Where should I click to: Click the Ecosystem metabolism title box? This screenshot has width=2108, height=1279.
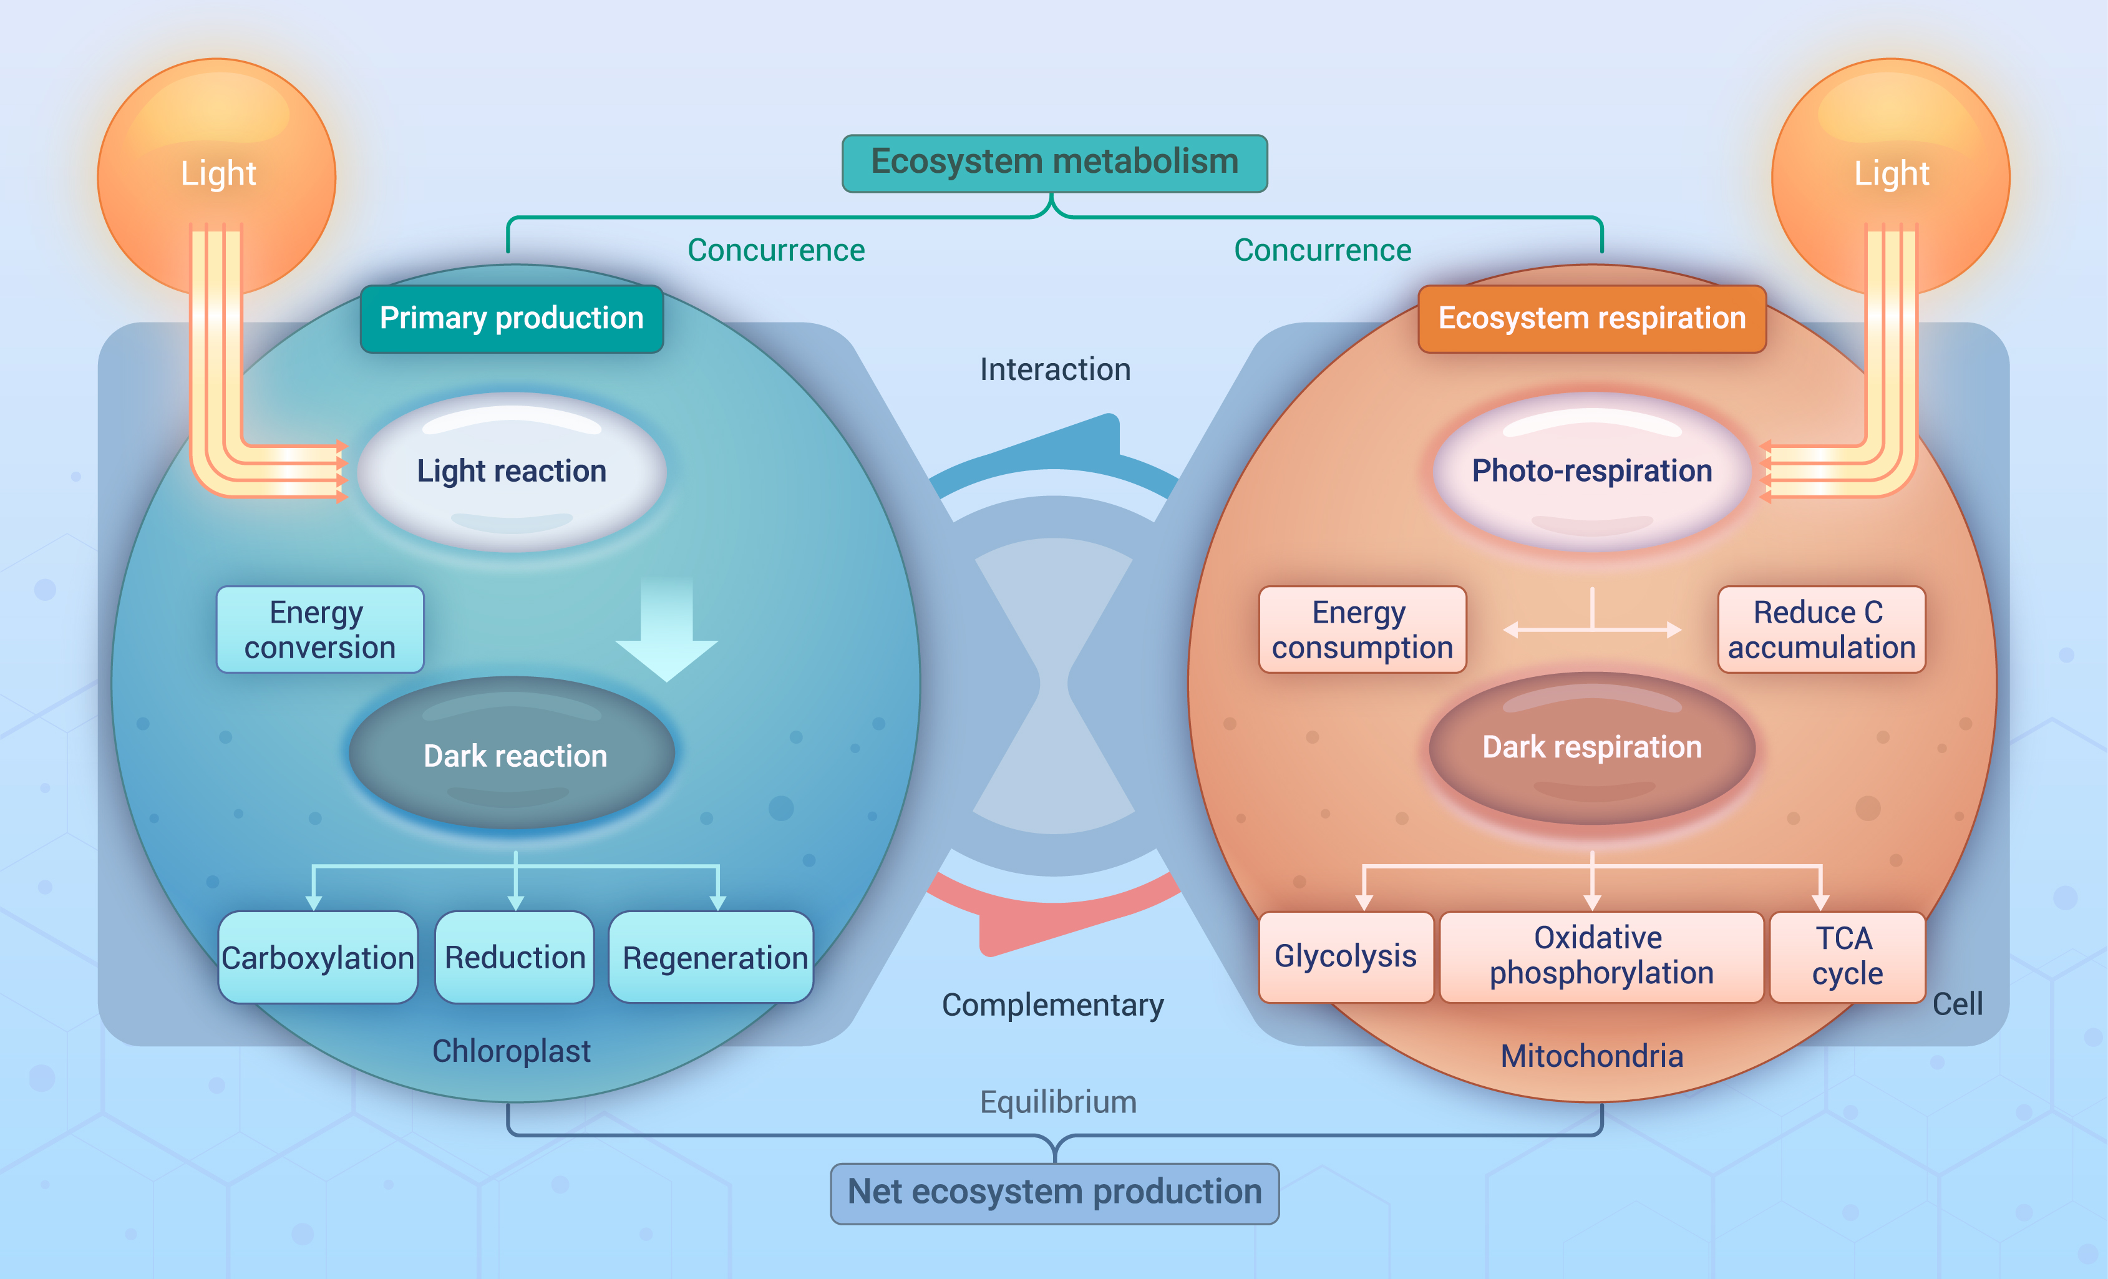pos(1054,163)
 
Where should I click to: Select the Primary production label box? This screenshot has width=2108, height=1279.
pos(512,318)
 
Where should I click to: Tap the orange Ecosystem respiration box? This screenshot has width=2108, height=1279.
pos(1591,318)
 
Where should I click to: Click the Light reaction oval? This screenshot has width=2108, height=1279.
pos(512,470)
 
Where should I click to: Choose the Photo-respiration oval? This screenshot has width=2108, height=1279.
pos(1591,470)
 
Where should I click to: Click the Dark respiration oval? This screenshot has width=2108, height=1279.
pos(1591,747)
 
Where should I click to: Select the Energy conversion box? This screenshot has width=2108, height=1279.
pos(320,630)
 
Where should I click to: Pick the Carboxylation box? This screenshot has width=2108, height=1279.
pos(318,956)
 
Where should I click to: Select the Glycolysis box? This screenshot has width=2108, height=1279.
pos(1346,956)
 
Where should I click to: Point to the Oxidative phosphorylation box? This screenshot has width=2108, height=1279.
pos(1601,956)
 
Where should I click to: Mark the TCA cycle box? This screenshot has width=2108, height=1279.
pos(1846,956)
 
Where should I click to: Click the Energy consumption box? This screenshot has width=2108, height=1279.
pos(1362,630)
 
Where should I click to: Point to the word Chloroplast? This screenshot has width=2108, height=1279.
pos(511,1051)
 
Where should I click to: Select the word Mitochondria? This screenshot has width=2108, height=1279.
pos(1591,1056)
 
